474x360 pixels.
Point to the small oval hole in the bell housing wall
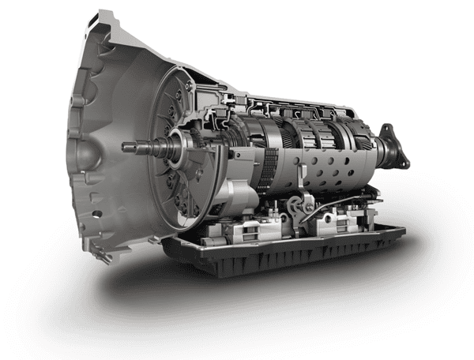96,214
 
